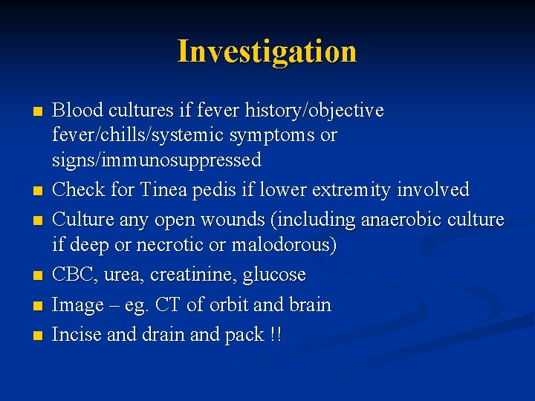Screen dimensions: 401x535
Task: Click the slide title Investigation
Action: coord(267,51)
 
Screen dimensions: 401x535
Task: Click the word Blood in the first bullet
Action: coord(78,111)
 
